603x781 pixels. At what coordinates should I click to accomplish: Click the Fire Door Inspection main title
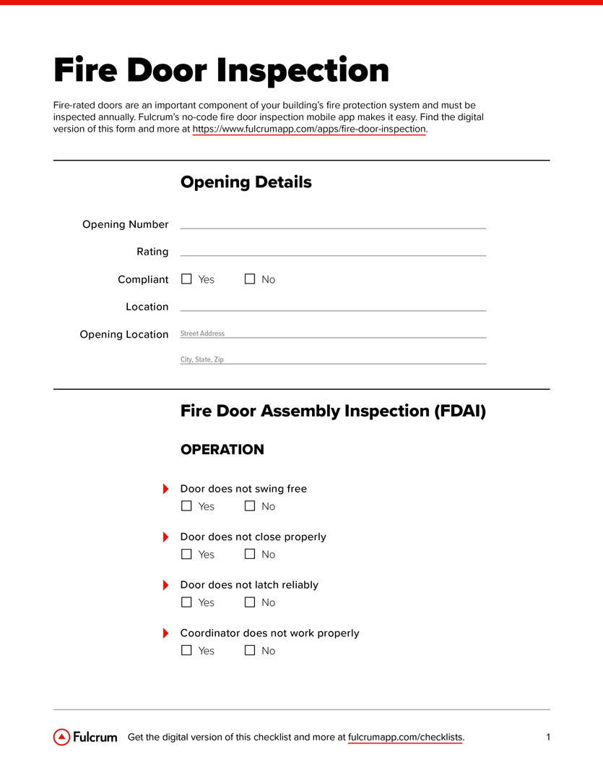pos(221,71)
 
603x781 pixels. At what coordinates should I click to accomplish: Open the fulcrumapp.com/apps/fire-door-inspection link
pos(309,129)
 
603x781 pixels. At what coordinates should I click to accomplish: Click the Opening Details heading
pos(246,182)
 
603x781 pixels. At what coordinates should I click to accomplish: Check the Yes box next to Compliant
pos(186,279)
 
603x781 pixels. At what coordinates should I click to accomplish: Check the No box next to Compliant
pos(250,279)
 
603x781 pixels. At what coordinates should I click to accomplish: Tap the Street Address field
pos(333,333)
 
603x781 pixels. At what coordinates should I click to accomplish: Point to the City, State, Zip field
pos(333,359)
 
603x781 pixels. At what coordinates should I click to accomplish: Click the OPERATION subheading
pos(222,450)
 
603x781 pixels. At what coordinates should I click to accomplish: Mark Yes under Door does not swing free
pos(186,506)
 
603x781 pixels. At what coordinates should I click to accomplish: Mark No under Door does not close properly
pos(250,555)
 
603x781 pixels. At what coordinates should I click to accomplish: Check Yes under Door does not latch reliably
pos(186,602)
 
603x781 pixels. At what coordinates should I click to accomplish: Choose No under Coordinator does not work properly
pos(250,651)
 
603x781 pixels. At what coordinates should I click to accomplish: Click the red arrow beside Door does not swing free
pos(165,489)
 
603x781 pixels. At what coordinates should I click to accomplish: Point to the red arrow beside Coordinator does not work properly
pos(165,633)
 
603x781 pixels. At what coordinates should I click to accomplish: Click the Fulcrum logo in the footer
pos(85,737)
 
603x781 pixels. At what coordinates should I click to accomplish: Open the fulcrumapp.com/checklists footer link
pos(405,738)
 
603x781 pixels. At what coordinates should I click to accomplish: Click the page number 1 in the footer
pos(548,737)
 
